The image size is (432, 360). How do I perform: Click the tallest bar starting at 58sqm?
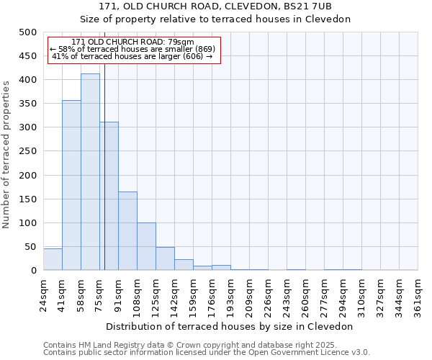click(x=90, y=172)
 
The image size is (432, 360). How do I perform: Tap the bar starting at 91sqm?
click(x=127, y=230)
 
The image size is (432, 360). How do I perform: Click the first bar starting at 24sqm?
click(x=53, y=259)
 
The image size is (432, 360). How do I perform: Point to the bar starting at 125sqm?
click(x=165, y=258)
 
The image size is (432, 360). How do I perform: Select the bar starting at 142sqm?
click(x=184, y=264)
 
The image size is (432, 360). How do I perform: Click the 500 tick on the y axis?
click(x=27, y=32)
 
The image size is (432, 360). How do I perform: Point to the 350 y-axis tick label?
click(x=27, y=104)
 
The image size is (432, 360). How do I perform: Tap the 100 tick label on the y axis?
click(x=27, y=223)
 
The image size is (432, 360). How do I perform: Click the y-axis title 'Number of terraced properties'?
click(x=6, y=154)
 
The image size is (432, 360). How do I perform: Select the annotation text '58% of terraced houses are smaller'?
click(x=132, y=49)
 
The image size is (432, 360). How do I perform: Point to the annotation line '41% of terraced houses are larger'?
click(x=132, y=56)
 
